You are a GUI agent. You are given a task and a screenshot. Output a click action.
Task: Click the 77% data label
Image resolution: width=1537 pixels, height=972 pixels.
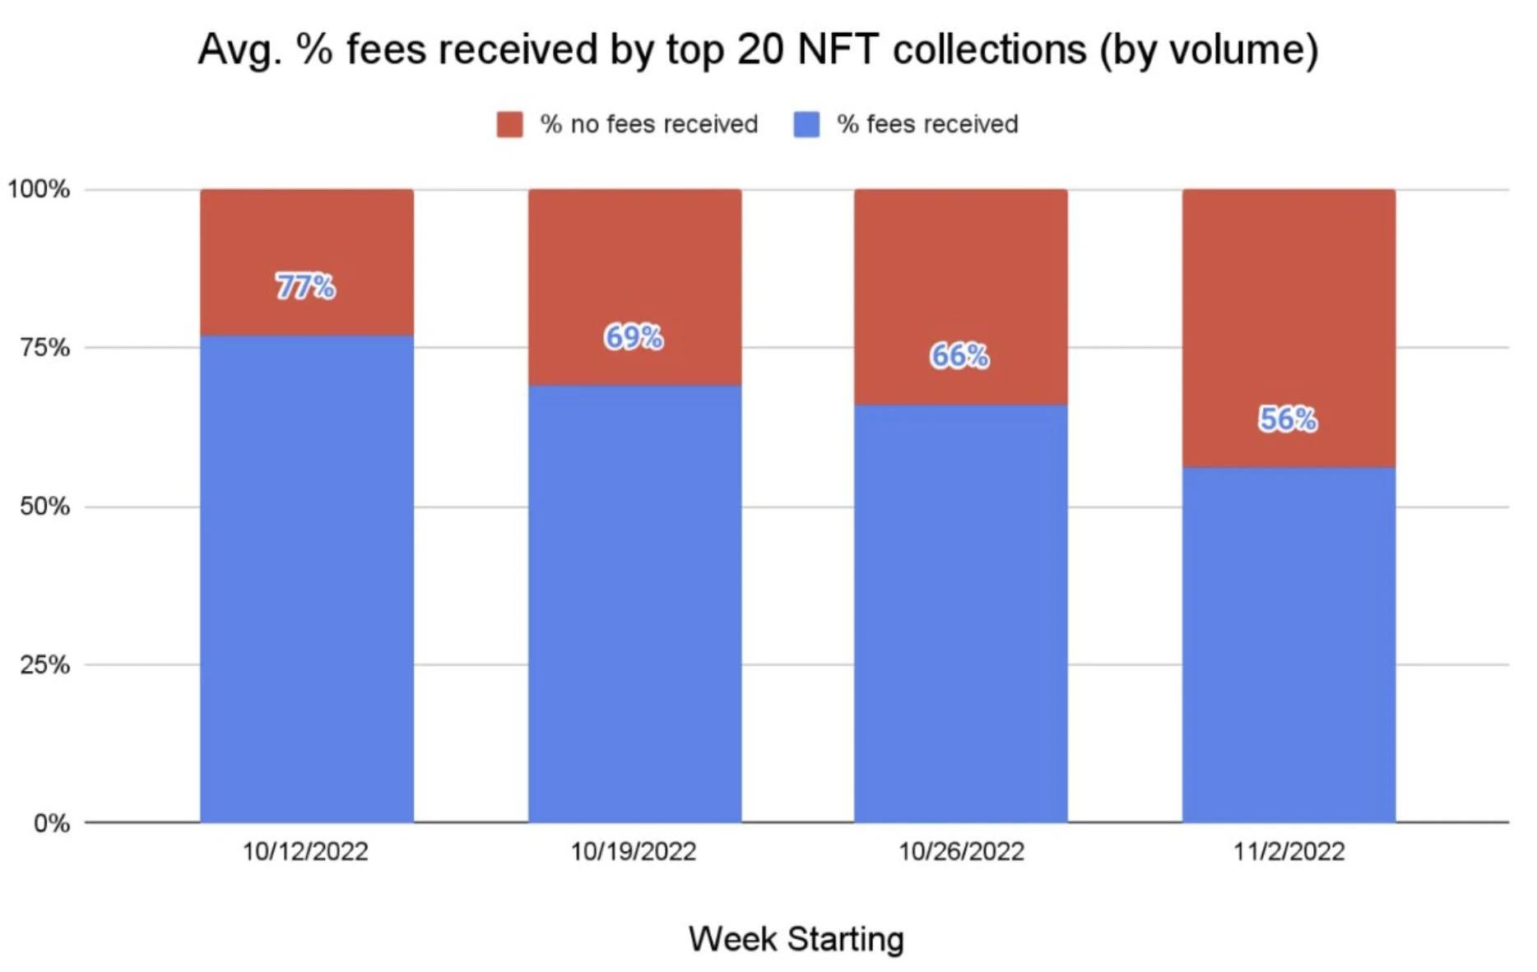[x=305, y=287]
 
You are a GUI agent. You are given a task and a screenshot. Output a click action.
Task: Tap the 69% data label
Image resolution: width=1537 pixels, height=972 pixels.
[x=634, y=337]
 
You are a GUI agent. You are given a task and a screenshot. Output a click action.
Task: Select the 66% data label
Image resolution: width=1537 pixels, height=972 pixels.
[x=959, y=356]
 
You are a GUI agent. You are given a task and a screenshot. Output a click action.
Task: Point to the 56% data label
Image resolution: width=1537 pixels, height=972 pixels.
[x=1288, y=419]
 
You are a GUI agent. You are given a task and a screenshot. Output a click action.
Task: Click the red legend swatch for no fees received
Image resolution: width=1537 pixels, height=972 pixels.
[x=509, y=125]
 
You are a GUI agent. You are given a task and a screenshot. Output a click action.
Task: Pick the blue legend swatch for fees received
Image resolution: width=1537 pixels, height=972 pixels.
[x=806, y=125]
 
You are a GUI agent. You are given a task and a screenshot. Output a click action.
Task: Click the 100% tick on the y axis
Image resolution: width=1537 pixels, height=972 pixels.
[x=39, y=189]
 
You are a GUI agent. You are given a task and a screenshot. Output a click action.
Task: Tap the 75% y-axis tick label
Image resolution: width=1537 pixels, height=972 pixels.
[x=44, y=348]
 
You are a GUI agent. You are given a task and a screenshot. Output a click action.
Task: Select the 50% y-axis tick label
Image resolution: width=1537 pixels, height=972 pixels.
[x=44, y=507]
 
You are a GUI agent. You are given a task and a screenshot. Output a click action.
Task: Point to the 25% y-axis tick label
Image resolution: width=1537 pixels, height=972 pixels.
[x=44, y=664]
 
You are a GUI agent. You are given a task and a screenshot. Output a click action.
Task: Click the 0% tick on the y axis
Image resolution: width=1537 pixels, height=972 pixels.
[x=51, y=823]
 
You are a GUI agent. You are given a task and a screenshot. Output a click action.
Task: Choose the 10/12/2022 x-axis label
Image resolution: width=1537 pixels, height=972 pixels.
[x=305, y=851]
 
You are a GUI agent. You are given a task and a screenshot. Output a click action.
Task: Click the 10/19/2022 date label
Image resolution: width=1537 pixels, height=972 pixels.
[x=634, y=851]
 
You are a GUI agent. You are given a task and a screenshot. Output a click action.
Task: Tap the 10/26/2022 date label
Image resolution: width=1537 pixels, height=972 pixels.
[x=961, y=851]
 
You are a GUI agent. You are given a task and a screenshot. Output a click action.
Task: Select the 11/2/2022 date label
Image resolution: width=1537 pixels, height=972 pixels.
[x=1289, y=851]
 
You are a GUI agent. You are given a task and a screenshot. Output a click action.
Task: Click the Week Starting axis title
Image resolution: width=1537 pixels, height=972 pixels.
[x=796, y=939]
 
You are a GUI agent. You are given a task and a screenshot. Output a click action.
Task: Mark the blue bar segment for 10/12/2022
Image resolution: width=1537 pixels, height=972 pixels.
[x=306, y=576]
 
